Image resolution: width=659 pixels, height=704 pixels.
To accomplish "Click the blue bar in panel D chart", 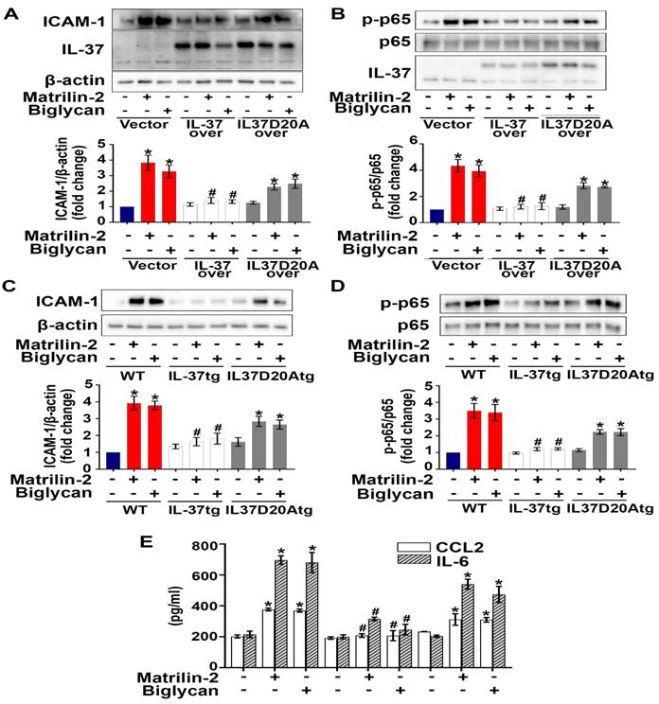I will click(x=452, y=460).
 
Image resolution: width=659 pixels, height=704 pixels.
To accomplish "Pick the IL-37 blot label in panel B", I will click(x=383, y=71).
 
